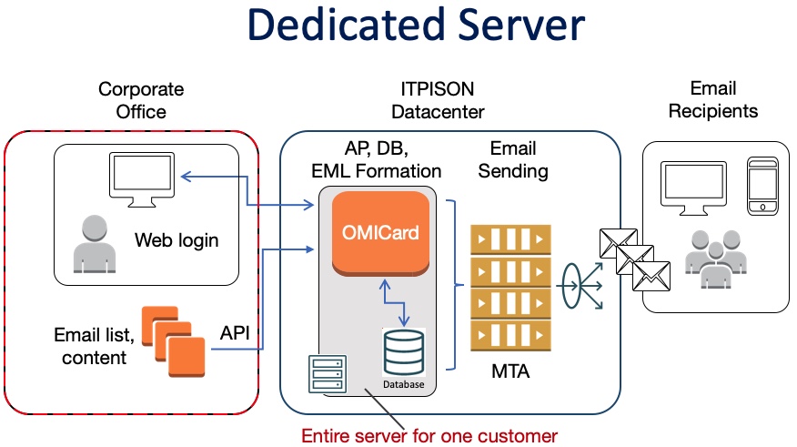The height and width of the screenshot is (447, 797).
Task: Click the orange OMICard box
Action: coord(380,233)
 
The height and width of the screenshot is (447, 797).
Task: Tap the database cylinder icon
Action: coord(403,350)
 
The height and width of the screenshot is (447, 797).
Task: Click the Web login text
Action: coord(177,240)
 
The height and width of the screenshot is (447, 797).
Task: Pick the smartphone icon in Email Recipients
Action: coord(762,187)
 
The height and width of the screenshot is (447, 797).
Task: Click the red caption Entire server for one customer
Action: coord(429,435)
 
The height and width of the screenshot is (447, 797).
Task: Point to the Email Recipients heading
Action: coord(713,99)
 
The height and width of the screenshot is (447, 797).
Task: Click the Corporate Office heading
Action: coord(141,100)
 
